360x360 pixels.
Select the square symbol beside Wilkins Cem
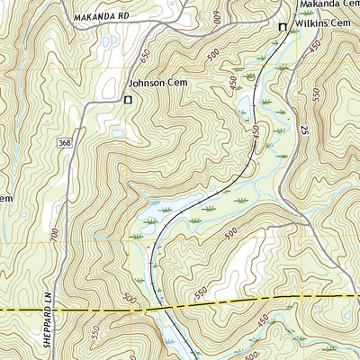(x=282, y=27)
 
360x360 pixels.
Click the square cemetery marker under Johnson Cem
(x=127, y=99)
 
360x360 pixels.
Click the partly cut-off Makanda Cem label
(x=328, y=4)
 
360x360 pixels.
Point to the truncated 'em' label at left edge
(x=4, y=198)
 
